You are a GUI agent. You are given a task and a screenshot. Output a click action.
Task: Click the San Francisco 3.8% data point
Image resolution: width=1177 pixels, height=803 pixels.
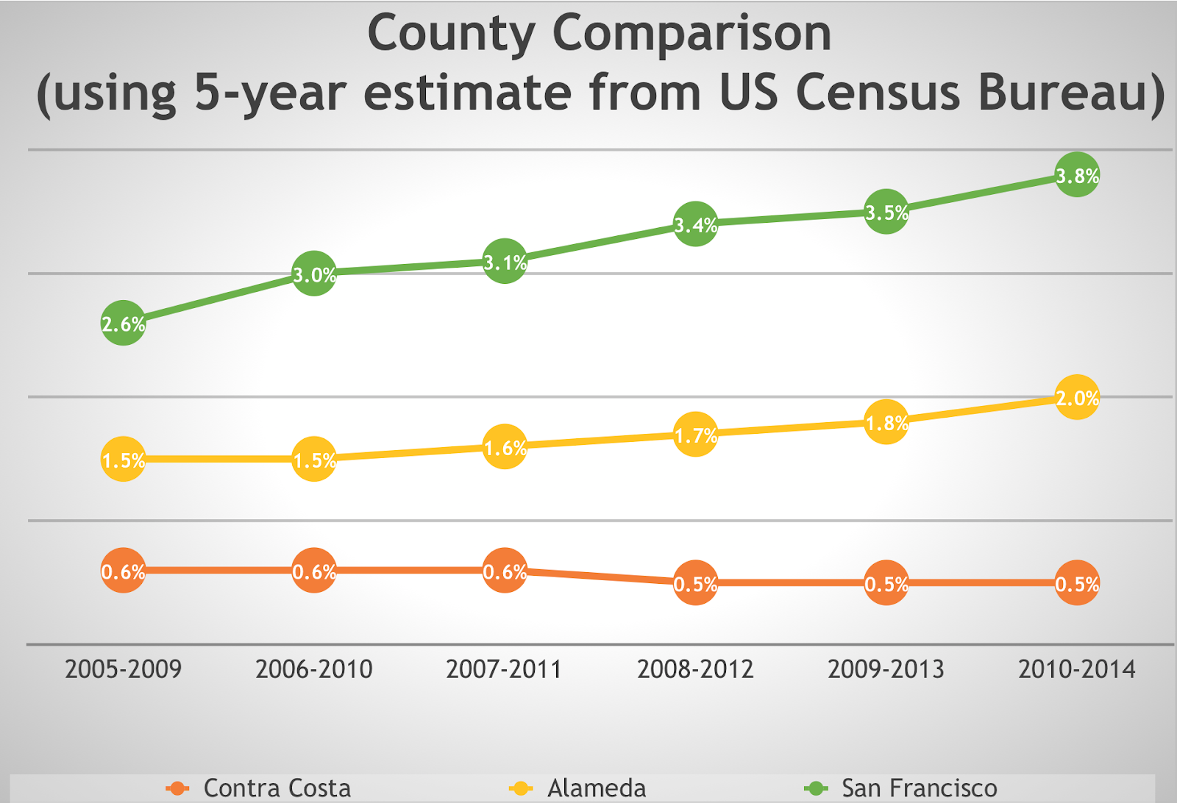[x=1077, y=175]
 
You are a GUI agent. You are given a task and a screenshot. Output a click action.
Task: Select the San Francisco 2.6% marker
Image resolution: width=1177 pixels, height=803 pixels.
[x=123, y=323]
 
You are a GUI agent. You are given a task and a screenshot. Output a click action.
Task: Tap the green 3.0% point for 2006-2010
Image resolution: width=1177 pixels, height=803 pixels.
[x=314, y=274]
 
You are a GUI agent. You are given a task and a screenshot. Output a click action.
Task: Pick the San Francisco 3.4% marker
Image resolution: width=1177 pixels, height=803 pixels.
[x=695, y=224]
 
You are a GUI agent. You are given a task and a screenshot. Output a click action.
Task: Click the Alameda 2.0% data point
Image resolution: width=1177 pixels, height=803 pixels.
[x=1077, y=397]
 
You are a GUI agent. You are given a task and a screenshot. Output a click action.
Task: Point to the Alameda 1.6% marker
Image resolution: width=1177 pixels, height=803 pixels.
[x=505, y=446]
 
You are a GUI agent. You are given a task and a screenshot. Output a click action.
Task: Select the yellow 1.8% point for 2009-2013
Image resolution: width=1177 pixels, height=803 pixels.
[x=886, y=422]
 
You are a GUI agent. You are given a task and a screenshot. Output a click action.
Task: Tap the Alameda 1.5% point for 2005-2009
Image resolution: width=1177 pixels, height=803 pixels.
[x=123, y=459]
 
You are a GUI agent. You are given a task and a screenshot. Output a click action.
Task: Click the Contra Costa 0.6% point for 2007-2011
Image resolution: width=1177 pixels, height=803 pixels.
[x=505, y=571]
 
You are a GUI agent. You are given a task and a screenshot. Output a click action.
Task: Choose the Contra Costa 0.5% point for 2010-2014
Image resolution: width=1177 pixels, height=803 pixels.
[x=1077, y=583]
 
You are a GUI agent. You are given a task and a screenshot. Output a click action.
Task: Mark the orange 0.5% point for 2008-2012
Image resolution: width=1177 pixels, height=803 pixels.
[x=695, y=583]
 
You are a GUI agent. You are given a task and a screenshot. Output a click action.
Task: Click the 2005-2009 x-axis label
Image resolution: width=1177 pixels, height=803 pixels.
[x=123, y=669]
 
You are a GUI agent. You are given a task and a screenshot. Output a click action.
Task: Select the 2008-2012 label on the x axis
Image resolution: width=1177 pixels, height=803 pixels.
[x=695, y=669]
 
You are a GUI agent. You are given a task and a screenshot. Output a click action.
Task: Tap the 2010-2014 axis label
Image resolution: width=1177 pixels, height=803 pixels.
[x=1077, y=669]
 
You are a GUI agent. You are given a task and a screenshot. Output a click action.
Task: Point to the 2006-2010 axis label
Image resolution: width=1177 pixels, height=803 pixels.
[x=314, y=669]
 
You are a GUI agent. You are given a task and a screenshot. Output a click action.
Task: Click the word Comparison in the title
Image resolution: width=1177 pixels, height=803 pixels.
[x=691, y=34]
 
